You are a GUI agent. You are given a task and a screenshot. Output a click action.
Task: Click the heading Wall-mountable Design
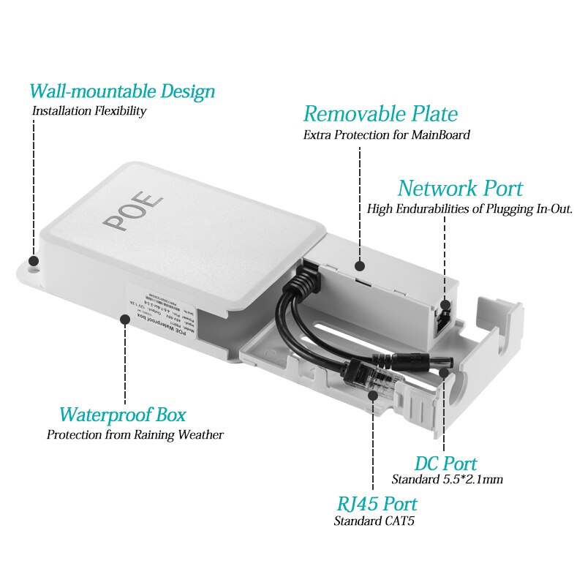click(x=122, y=91)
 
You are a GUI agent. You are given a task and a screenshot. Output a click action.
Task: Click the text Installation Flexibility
click(x=89, y=111)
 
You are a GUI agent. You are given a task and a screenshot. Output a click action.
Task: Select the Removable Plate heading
click(x=380, y=114)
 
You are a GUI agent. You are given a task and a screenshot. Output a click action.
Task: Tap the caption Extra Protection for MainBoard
click(x=386, y=135)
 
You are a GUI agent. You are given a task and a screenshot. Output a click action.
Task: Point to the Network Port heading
click(x=460, y=188)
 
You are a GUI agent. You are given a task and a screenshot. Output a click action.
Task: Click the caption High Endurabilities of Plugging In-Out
click(x=469, y=208)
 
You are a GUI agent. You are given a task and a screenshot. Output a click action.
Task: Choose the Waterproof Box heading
click(x=122, y=415)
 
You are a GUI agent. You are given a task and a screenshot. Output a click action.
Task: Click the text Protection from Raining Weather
click(x=135, y=434)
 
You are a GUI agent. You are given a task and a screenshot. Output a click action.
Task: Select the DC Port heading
click(x=445, y=464)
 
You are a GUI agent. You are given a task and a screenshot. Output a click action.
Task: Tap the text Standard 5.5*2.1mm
click(x=448, y=480)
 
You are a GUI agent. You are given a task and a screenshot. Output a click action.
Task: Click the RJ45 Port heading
click(x=377, y=504)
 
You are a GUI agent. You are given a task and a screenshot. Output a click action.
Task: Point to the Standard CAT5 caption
click(x=380, y=521)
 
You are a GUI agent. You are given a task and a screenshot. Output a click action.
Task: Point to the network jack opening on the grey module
click(x=442, y=319)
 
